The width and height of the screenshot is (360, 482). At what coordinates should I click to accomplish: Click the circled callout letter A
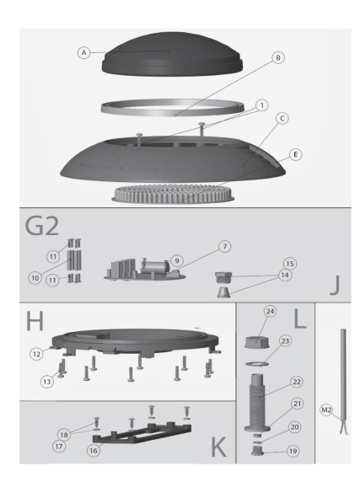coord(84,53)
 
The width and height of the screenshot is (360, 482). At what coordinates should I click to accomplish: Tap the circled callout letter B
coord(278,58)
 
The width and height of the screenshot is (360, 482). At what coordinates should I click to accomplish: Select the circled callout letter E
coord(295,154)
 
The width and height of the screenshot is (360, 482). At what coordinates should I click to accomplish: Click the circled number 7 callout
coord(225,247)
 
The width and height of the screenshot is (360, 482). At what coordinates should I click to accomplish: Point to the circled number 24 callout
coord(271,312)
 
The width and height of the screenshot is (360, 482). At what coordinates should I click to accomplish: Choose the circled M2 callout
coord(326,410)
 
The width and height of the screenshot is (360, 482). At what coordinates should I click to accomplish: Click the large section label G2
coord(42,226)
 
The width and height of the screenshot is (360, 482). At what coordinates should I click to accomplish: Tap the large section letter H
coord(35,320)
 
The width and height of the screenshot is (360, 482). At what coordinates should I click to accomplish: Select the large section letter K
coord(219,447)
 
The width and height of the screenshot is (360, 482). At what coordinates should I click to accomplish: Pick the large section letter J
coord(335,285)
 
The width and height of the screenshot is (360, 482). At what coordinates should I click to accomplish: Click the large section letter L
coord(300,319)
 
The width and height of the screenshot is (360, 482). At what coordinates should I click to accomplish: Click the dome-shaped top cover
coord(172,55)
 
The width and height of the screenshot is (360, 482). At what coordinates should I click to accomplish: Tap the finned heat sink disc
coord(173,194)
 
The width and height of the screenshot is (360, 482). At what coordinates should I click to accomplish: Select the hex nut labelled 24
coord(257,342)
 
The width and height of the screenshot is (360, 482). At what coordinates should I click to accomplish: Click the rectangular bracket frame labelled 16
coord(142,433)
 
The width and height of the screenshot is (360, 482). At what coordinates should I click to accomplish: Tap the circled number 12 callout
coord(36,354)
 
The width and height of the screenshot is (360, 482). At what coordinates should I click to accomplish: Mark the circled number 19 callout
coord(293,451)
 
